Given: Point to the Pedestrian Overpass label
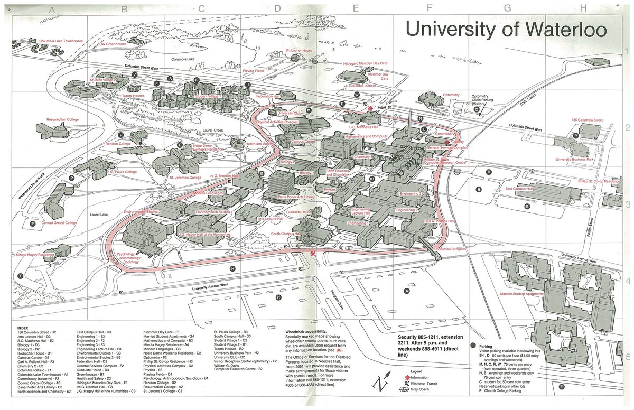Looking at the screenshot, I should point(449,248).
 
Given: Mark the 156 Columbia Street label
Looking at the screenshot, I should point(586,120).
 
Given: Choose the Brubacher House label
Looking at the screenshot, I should point(299,50).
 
